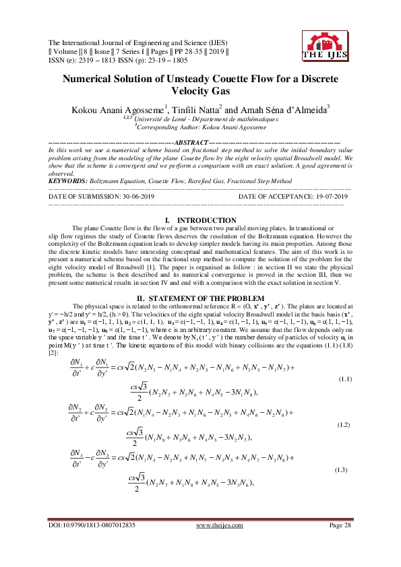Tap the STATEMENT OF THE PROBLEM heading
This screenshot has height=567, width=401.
point(199,298)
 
